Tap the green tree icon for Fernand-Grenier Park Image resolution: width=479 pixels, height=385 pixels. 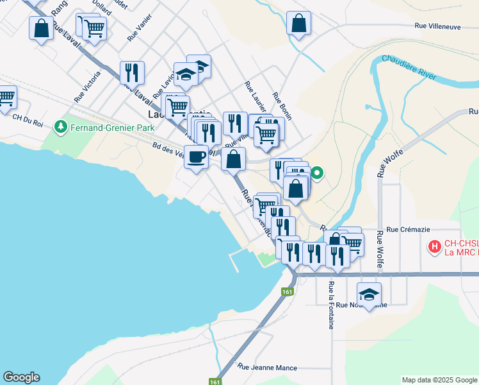pyautogui.click(x=61, y=126)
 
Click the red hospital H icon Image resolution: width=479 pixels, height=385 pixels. pyautogui.click(x=434, y=246)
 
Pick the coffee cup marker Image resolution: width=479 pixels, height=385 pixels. pyautogui.click(x=197, y=156)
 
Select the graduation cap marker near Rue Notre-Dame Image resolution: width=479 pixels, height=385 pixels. pyautogui.click(x=369, y=294)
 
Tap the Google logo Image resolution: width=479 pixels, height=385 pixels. pyautogui.click(x=21, y=377)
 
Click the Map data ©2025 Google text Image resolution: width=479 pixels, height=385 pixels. pyautogui.click(x=439, y=380)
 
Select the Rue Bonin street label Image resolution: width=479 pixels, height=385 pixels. pyautogui.click(x=282, y=105)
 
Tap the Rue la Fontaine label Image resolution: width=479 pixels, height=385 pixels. pyautogui.click(x=331, y=305)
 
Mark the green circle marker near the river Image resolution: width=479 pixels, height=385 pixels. pyautogui.click(x=316, y=172)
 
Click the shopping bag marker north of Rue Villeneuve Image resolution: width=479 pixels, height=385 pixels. pyautogui.click(x=299, y=24)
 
